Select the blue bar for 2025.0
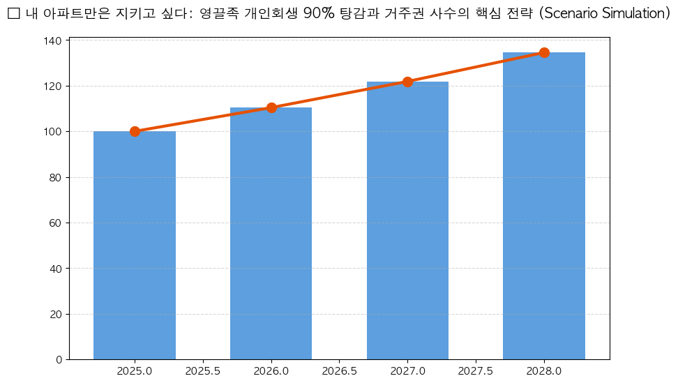[x=135, y=245]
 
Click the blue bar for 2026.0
[x=271, y=233]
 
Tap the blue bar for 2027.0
[x=407, y=220]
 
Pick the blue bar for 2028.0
[x=544, y=206]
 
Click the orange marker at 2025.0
[x=135, y=131]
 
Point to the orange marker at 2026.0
[x=271, y=107]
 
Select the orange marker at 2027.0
[x=407, y=82]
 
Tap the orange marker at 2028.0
[x=544, y=52]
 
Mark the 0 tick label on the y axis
[x=59, y=360]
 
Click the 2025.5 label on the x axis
[x=203, y=371]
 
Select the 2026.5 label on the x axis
[x=340, y=371]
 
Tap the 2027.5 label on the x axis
[x=476, y=371]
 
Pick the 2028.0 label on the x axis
[x=544, y=371]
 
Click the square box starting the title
[x=13, y=14]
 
